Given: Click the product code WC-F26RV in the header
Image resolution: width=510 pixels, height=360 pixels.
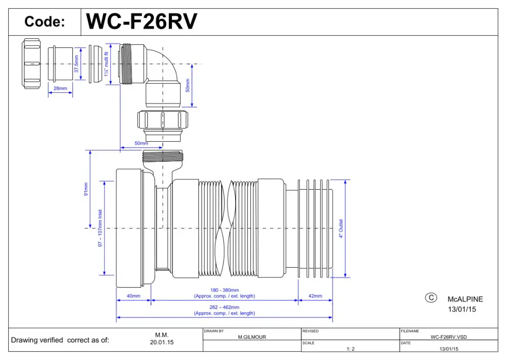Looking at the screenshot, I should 141,22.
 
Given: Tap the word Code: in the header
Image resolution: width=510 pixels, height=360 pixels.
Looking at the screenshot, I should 45,22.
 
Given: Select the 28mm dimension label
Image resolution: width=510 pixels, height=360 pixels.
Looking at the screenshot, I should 60,89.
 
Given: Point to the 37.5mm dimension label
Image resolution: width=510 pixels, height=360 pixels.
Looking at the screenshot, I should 77,64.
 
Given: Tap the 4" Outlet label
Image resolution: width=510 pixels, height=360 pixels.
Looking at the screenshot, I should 341,228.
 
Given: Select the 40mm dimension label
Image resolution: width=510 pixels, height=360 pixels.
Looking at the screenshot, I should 134,296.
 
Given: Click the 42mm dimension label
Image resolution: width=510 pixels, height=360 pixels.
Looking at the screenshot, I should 315,296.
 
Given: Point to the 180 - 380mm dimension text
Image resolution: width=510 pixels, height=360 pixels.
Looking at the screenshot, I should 224,293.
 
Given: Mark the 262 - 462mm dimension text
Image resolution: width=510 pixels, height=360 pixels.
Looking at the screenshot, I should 224,311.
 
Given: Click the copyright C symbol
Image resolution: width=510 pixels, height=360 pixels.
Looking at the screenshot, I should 431,298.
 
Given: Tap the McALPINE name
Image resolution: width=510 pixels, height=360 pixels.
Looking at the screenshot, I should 465,299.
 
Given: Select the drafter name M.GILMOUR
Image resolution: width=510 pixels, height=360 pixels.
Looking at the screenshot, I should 252,337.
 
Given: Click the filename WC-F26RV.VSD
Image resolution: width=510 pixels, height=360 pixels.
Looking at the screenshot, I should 449,337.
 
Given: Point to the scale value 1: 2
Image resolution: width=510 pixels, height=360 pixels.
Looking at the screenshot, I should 350,349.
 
